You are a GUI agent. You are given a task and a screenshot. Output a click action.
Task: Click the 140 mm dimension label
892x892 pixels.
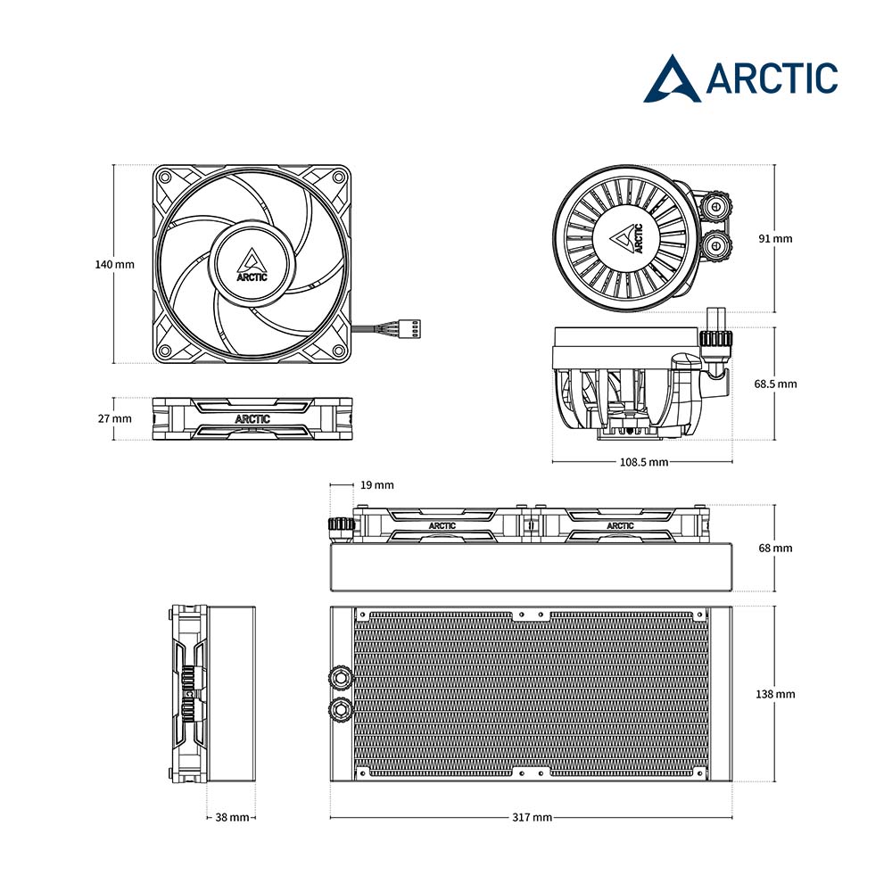[114, 265]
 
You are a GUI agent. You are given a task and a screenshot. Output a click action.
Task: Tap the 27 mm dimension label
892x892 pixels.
[114, 418]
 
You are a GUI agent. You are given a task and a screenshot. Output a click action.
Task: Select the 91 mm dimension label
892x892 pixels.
[775, 238]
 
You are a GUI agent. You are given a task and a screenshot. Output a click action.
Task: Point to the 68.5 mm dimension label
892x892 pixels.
[775, 384]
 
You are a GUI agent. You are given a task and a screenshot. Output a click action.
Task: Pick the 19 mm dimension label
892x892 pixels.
[376, 485]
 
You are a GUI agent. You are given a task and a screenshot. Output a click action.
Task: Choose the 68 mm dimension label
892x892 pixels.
[775, 548]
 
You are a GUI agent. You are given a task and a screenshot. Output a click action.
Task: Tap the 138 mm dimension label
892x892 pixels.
[775, 694]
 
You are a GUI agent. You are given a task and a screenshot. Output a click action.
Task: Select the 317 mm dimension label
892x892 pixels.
[532, 817]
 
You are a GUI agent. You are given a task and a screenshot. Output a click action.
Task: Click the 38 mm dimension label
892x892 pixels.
[232, 817]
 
